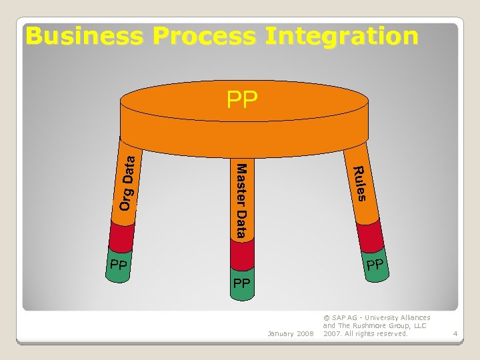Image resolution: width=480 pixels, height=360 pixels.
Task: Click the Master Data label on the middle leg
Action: point(241,200)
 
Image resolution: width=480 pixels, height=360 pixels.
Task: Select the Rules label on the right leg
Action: point(359,183)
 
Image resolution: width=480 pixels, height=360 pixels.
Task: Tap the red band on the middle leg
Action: point(242,253)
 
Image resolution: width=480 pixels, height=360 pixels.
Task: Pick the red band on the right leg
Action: point(370,236)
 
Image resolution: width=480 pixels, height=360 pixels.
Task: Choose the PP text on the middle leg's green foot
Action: point(241,283)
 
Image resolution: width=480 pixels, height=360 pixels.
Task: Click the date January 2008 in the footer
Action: point(289,333)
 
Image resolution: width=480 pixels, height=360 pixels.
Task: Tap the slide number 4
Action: point(455,333)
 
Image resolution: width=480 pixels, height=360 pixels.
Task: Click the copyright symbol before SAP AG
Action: point(326,318)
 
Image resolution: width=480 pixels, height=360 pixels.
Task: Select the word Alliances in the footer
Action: point(415,318)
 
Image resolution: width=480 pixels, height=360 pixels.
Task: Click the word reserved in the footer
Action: point(392,333)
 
